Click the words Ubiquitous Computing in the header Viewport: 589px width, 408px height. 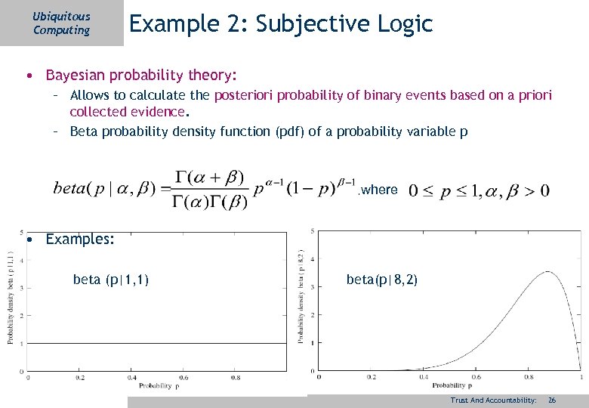coord(61,23)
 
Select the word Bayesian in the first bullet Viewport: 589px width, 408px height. coord(77,76)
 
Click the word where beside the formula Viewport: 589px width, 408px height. coord(379,190)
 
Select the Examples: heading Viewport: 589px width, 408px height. coord(80,240)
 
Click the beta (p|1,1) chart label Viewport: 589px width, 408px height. coord(110,280)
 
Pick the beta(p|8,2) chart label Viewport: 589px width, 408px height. coord(381,280)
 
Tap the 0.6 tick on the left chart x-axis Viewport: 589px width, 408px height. coord(183,377)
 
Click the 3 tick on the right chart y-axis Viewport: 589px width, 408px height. coord(312,286)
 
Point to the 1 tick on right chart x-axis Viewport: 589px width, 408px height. coord(580,377)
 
